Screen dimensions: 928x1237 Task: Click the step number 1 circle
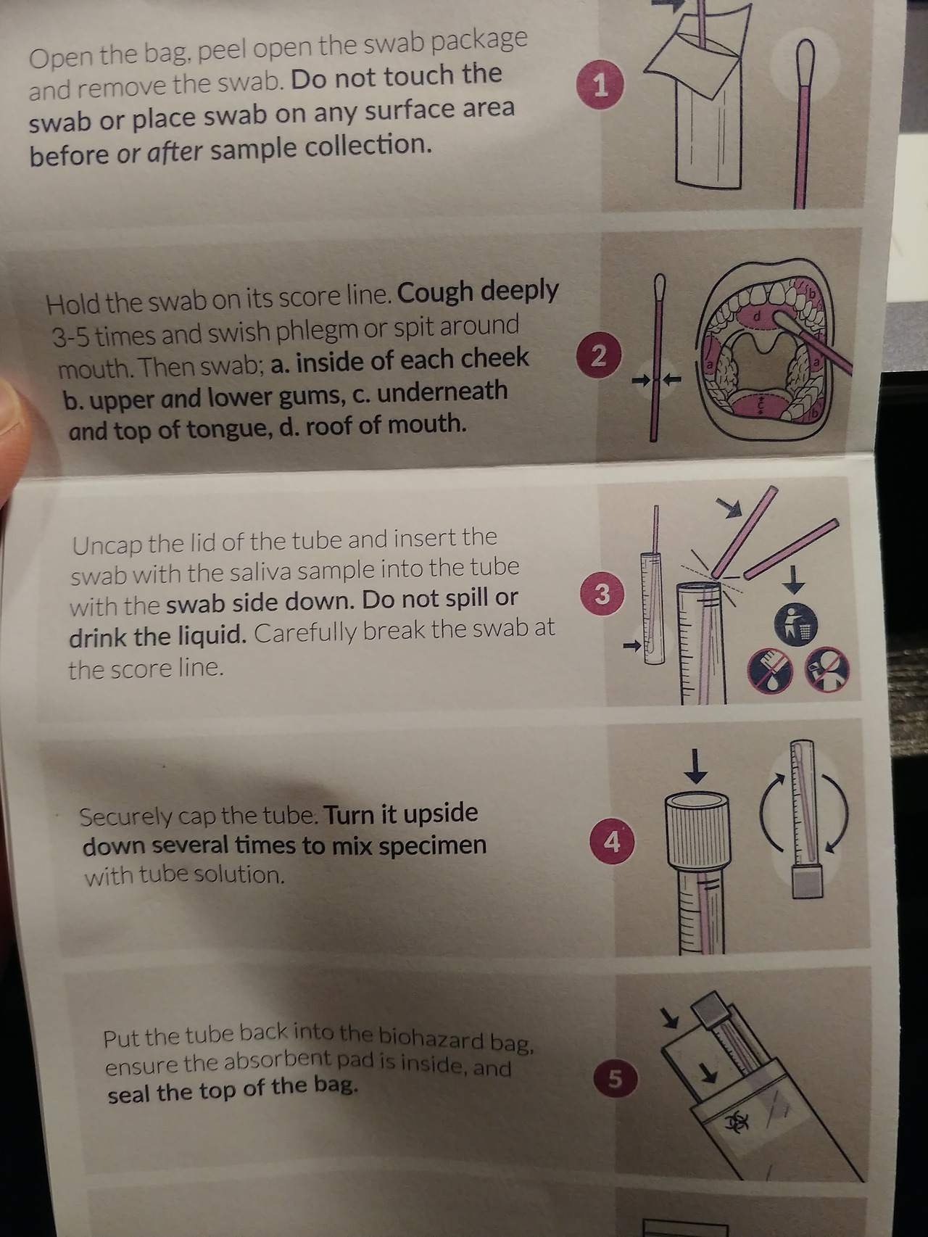(600, 86)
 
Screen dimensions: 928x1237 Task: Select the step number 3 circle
(602, 594)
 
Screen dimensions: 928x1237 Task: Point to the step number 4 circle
(613, 843)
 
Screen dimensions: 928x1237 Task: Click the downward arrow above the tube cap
(697, 766)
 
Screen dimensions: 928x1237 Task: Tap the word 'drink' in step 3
(97, 637)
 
